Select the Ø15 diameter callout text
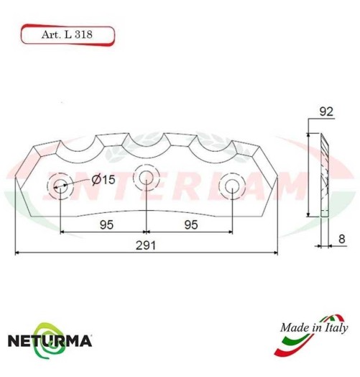103,180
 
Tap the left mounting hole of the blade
60,186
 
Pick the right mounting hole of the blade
233,186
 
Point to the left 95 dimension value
105,224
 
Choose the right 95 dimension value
190,224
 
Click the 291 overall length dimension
147,245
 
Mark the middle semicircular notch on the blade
146,144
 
